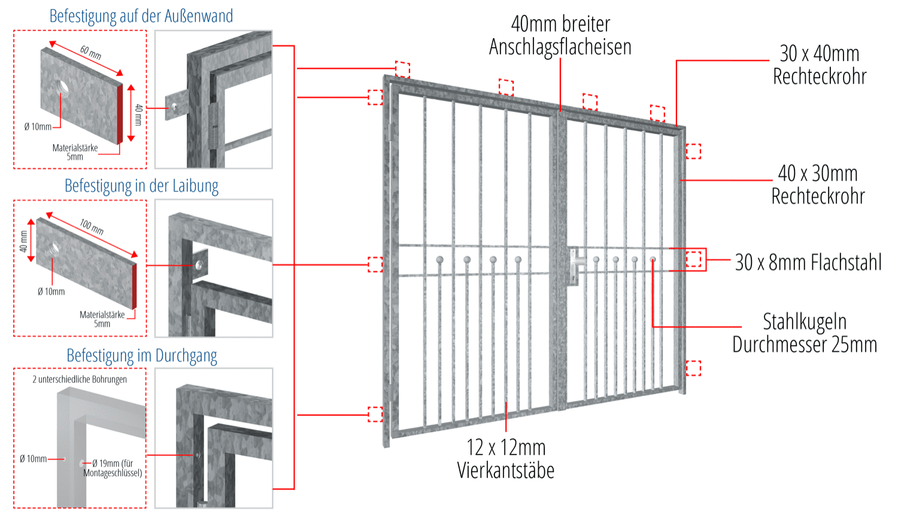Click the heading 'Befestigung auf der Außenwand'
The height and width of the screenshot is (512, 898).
(141, 16)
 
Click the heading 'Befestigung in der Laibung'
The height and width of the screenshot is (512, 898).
(141, 186)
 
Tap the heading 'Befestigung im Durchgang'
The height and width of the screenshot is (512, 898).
(141, 356)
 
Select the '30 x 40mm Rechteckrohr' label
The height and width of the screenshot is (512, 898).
(820, 65)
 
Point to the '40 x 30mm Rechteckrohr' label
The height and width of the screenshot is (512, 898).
(818, 184)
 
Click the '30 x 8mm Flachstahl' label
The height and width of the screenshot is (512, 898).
(808, 262)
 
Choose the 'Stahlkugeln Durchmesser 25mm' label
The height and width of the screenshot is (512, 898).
(805, 333)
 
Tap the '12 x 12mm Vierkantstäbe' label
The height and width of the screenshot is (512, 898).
(506, 459)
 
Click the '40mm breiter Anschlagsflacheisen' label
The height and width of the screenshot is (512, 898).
(560, 35)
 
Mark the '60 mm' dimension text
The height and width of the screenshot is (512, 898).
(91, 52)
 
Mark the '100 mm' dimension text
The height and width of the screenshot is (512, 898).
(92, 226)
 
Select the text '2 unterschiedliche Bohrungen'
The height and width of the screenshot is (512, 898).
(80, 379)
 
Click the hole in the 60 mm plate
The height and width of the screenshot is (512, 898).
(63, 88)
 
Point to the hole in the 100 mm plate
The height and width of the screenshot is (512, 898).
(54, 247)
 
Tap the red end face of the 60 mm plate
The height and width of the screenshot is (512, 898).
(120, 113)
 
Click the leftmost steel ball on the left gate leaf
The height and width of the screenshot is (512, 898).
(440, 260)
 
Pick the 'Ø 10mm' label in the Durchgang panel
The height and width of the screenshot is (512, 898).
(33, 459)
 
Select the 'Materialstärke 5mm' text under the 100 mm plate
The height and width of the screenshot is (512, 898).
(102, 319)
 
